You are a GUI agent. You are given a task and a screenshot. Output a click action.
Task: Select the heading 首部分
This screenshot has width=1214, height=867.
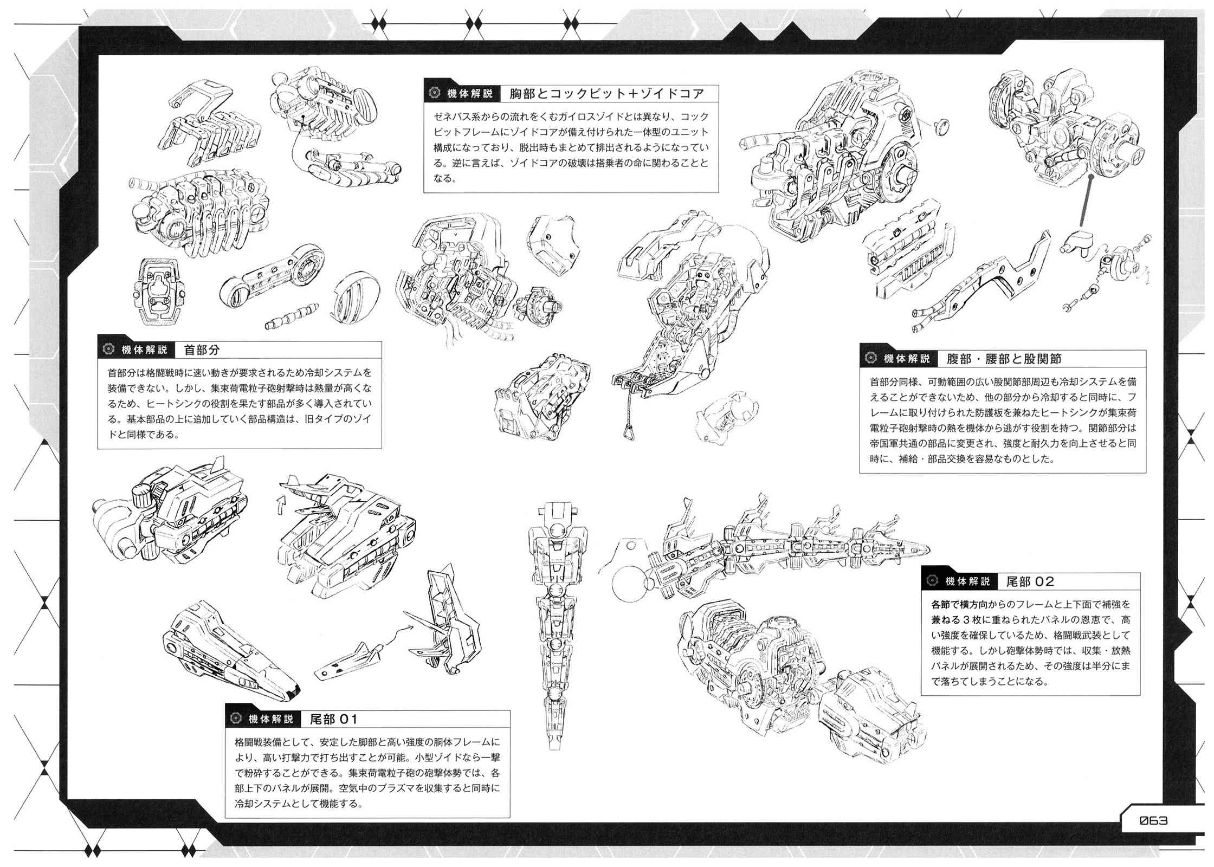(x=202, y=350)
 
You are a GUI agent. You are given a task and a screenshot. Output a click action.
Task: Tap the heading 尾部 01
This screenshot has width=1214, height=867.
(x=333, y=719)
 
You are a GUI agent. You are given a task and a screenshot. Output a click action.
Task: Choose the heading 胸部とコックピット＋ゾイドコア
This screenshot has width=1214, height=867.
(x=606, y=93)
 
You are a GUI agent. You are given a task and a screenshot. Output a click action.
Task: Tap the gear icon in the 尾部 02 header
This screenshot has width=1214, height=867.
(x=932, y=581)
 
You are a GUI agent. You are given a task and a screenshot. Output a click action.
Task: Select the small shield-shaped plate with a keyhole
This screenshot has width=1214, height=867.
(x=156, y=290)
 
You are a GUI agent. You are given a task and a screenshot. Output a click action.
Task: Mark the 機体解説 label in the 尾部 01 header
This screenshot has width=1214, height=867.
(x=270, y=719)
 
